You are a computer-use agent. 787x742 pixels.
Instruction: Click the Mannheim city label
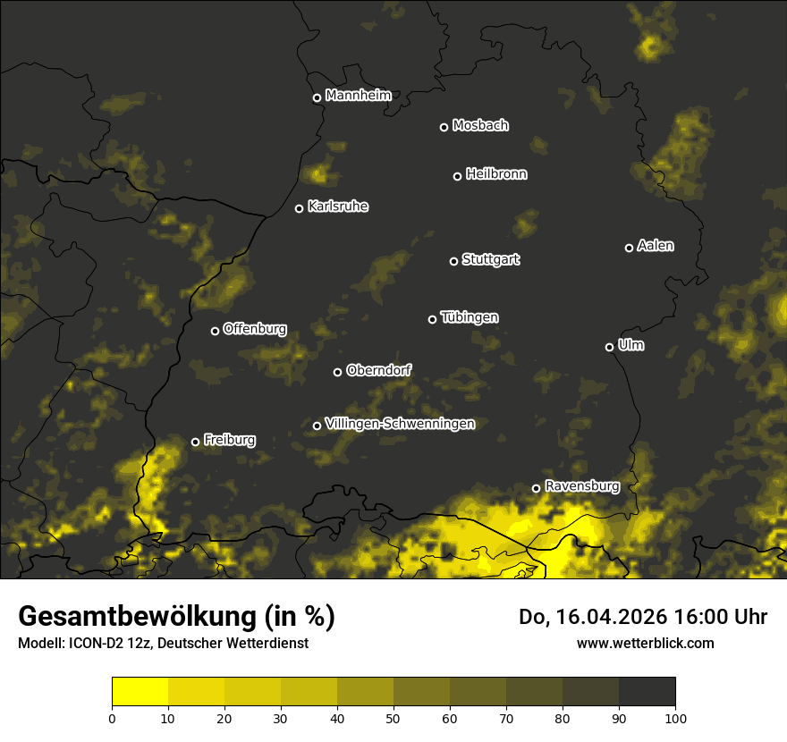pos(359,96)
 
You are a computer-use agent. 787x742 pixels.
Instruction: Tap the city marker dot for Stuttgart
pos(453,261)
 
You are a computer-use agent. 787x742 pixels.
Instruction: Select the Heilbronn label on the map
pos(496,174)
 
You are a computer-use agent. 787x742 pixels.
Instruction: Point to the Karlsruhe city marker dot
pos(299,209)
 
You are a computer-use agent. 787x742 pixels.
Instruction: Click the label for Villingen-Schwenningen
pos(400,424)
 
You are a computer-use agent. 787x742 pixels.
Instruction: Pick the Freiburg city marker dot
pos(195,442)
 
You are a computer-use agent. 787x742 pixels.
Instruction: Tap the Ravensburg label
pos(582,486)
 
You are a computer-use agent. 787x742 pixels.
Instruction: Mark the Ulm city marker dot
pos(609,347)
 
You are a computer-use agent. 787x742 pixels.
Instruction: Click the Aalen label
pos(656,246)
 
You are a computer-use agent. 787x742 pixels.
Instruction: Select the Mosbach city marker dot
pos(444,127)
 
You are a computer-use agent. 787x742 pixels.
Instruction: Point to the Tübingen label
pos(470,317)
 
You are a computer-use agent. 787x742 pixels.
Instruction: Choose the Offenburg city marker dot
pos(215,331)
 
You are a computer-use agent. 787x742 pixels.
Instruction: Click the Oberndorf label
pos(379,370)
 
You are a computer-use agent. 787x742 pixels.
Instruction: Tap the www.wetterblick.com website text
pos(645,643)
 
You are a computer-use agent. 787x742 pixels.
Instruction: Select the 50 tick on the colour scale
pos(393,718)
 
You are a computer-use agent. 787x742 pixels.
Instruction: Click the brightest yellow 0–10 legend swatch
pos(140,692)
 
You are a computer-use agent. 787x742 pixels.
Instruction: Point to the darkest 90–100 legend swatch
pos(647,692)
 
